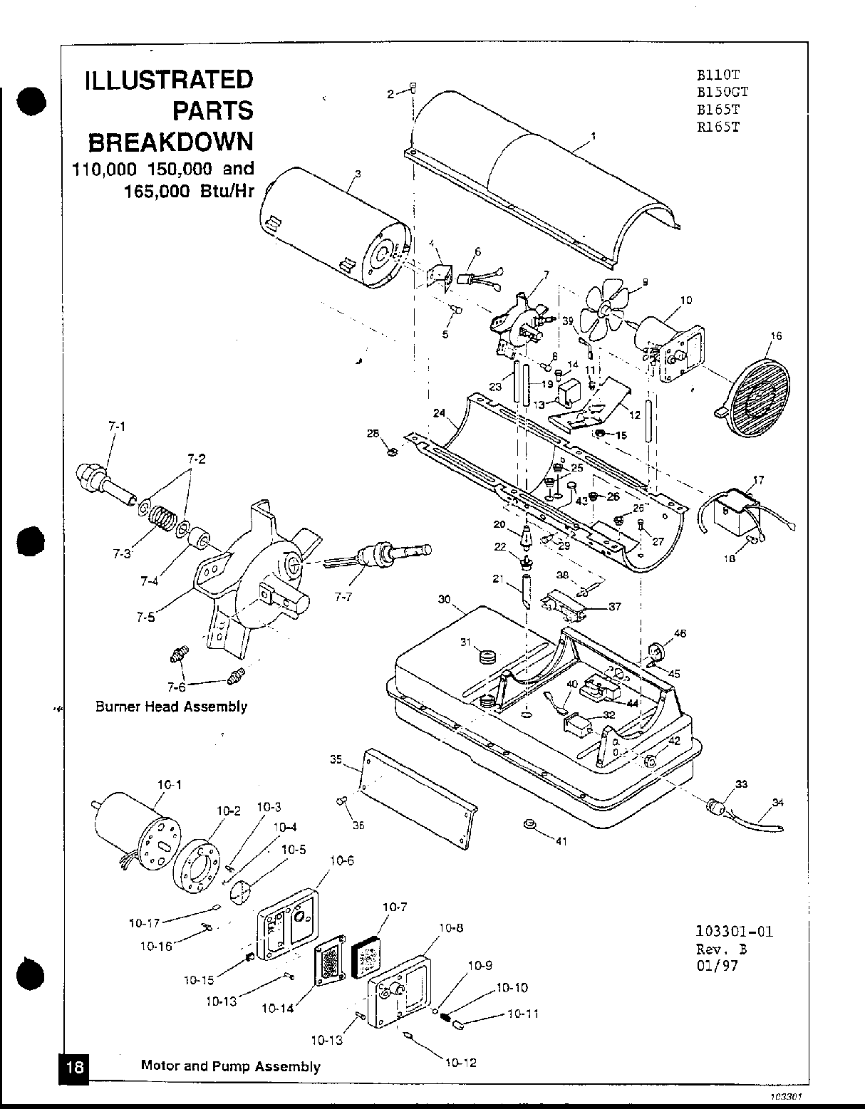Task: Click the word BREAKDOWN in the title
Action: pos(170,142)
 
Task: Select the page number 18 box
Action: pos(75,1067)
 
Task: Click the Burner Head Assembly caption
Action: pos(171,707)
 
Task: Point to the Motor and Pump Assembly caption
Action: pos(230,1066)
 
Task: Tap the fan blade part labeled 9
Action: pos(603,309)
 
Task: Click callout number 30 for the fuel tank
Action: pos(444,600)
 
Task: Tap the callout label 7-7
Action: pos(343,597)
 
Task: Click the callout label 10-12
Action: pos(460,1063)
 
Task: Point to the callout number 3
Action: pos(357,173)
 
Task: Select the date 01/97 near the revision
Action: pos(717,967)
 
